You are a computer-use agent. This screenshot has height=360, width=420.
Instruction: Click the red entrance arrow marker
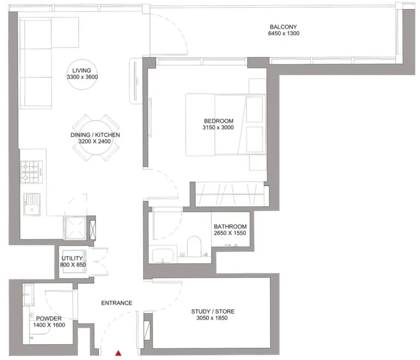[118, 354]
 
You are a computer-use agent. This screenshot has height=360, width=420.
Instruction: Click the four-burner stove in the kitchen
[31, 173]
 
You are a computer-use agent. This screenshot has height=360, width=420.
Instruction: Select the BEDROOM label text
[218, 121]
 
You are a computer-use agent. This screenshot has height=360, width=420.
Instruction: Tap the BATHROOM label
[230, 227]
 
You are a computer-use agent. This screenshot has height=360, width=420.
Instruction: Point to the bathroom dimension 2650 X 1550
[230, 234]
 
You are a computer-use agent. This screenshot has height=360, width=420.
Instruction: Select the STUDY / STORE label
[213, 312]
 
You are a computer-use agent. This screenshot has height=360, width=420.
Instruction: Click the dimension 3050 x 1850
[213, 319]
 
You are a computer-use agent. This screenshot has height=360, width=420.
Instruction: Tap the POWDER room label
[49, 318]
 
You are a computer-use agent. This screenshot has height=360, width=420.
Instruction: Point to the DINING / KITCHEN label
[95, 135]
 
